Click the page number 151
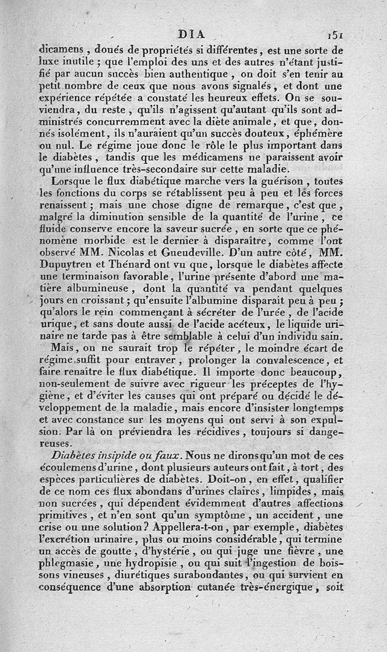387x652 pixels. pyautogui.click(x=335, y=35)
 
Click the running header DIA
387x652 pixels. pyautogui.click(x=192, y=35)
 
